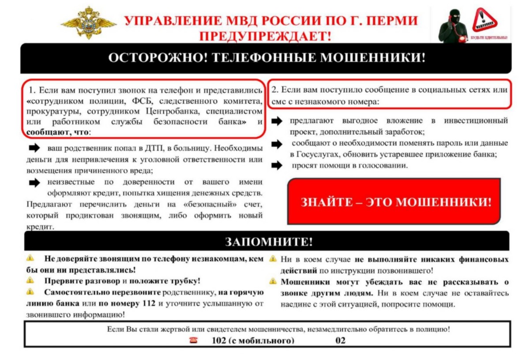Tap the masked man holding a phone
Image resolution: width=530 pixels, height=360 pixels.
point(452,26)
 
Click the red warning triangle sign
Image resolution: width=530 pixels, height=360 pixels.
point(485,20)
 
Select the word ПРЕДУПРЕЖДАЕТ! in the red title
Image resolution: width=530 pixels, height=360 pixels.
point(265,36)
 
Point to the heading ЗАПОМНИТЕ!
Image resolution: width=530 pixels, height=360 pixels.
point(269,241)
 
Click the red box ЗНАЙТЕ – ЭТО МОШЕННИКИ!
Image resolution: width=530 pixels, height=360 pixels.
point(394,202)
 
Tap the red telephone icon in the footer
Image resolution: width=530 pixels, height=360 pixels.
point(193,340)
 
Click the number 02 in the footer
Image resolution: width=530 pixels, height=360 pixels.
point(340,340)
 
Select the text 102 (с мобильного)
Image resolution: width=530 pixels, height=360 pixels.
point(253,340)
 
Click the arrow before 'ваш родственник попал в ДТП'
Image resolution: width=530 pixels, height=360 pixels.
point(34,147)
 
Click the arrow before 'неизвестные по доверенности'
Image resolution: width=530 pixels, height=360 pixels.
point(34,182)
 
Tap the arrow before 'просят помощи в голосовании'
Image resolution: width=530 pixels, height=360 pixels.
point(277,166)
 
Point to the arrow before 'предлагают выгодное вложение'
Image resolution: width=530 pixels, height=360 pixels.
point(277,121)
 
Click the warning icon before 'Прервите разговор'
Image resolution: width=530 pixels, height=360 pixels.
point(30,280)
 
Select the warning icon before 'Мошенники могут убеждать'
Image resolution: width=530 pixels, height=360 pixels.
point(274,281)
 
